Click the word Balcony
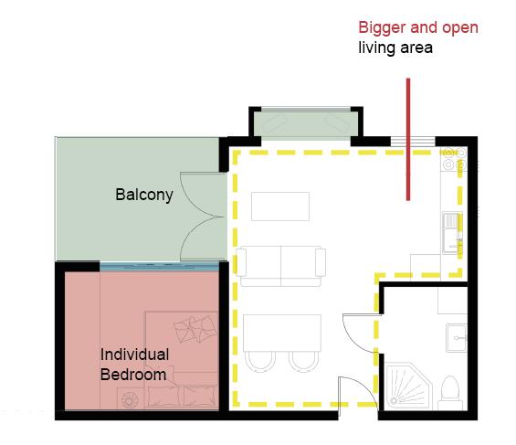pyautogui.click(x=144, y=195)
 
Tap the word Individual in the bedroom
pyautogui.click(x=134, y=355)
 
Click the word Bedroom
pyautogui.click(x=133, y=375)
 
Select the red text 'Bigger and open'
pyautogui.click(x=418, y=28)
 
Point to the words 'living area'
pyautogui.click(x=395, y=48)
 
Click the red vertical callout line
pyautogui.click(x=408, y=139)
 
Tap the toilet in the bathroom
pyautogui.click(x=450, y=393)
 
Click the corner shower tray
pyautogui.click(x=408, y=387)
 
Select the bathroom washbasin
pyautogui.click(x=457, y=338)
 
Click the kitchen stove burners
pyautogui.click(x=454, y=159)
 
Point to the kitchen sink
pyautogui.click(x=452, y=233)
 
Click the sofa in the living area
pyautogui.click(x=280, y=266)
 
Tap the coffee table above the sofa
pyautogui.click(x=280, y=207)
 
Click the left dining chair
pyautogui.click(x=260, y=362)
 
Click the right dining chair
pyautogui.click(x=304, y=362)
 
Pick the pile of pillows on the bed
pyautogui.click(x=195, y=328)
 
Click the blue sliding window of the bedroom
pyautogui.click(x=159, y=266)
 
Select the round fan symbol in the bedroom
pyautogui.click(x=130, y=399)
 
